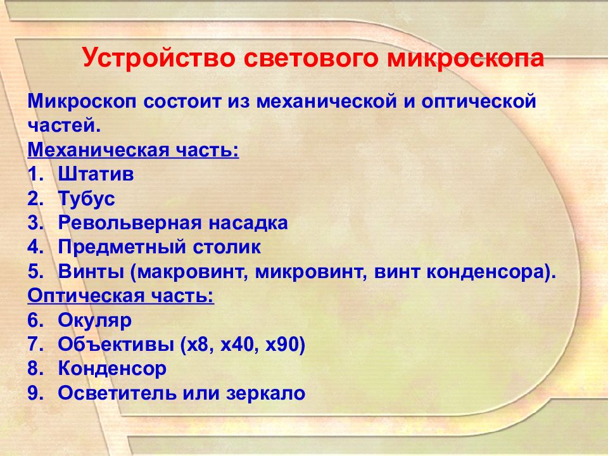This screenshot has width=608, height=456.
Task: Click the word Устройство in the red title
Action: click(159, 58)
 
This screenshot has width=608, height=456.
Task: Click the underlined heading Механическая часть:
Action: click(134, 150)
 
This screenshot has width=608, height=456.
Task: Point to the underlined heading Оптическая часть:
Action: click(121, 296)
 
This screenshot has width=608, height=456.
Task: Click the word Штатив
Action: click(96, 174)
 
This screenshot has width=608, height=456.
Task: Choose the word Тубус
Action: click(87, 199)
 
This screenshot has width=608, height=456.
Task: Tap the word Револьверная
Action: click(130, 224)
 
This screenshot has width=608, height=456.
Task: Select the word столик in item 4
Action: click(227, 248)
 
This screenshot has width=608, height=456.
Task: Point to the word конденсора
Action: click(486, 272)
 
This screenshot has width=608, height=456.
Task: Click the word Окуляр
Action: click(95, 321)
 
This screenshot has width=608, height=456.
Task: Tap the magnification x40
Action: click(237, 345)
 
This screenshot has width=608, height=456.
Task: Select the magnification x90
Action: click(281, 345)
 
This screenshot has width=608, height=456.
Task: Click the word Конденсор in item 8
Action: click(112, 369)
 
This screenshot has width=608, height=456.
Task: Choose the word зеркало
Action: click(266, 393)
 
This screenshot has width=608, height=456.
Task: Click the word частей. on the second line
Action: click(64, 125)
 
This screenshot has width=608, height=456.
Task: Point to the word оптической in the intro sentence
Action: click(479, 101)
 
